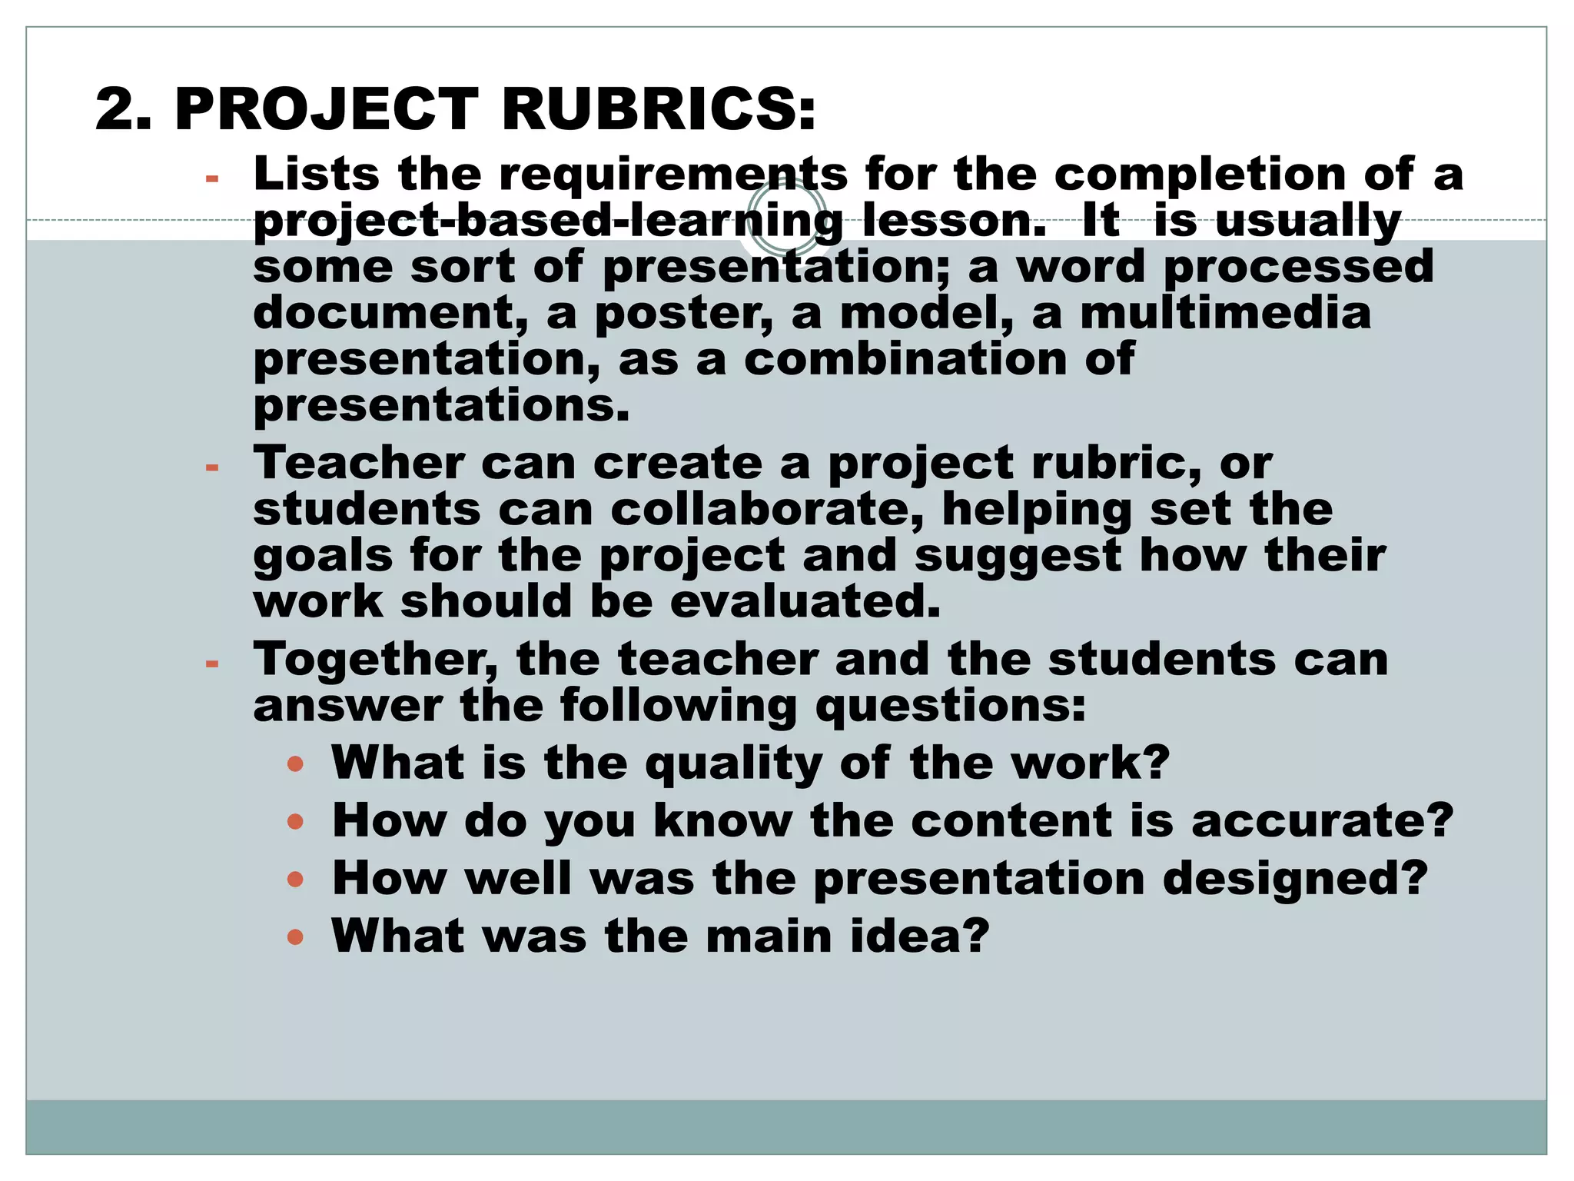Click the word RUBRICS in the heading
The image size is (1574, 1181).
(658, 109)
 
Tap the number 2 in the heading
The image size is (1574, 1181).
(117, 109)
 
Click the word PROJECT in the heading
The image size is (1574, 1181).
(327, 109)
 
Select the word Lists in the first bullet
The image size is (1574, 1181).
(317, 174)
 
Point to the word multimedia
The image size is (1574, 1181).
(1225, 313)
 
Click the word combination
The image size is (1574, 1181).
(905, 359)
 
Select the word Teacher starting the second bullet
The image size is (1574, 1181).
(360, 463)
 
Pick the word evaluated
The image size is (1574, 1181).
(805, 601)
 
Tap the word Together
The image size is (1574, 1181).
(376, 660)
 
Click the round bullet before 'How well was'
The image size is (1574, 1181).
(295, 878)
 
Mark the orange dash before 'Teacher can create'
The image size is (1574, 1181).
(212, 467)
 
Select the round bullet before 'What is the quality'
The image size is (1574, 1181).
(295, 763)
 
